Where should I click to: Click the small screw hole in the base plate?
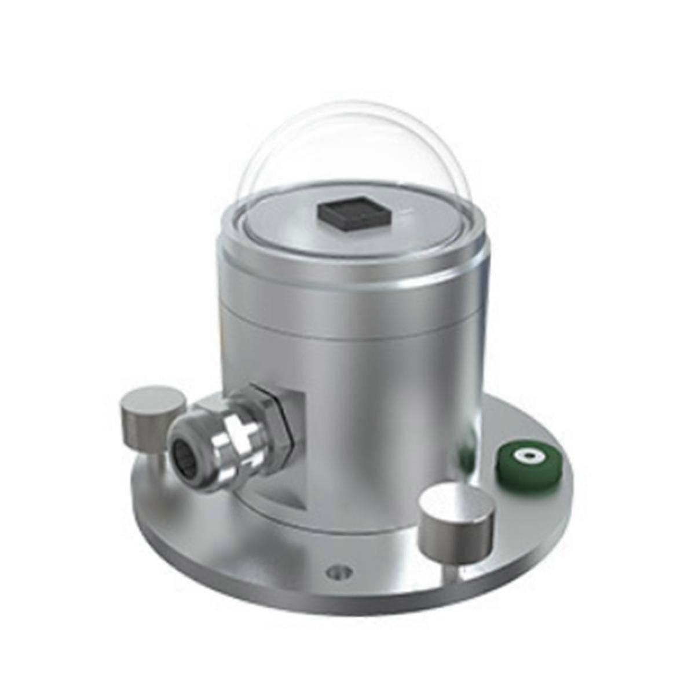339,572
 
